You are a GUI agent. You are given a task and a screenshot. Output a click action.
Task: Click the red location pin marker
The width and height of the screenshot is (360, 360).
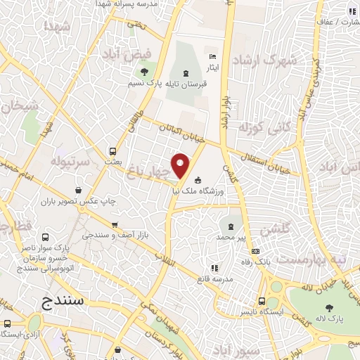pyautogui.click(x=181, y=165)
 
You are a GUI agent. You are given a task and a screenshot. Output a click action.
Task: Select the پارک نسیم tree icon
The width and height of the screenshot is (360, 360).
pyautogui.click(x=145, y=72)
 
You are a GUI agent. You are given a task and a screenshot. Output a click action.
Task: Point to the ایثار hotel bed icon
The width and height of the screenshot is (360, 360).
pyautogui.click(x=214, y=56)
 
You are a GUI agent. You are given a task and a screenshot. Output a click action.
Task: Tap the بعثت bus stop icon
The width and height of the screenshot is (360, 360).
pyautogui.click(x=112, y=150)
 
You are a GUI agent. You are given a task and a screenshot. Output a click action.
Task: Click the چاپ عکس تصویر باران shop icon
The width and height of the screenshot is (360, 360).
pyautogui.click(x=77, y=190)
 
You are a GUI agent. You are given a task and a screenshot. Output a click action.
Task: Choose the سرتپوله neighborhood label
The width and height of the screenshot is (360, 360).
pyautogui.click(x=70, y=161)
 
